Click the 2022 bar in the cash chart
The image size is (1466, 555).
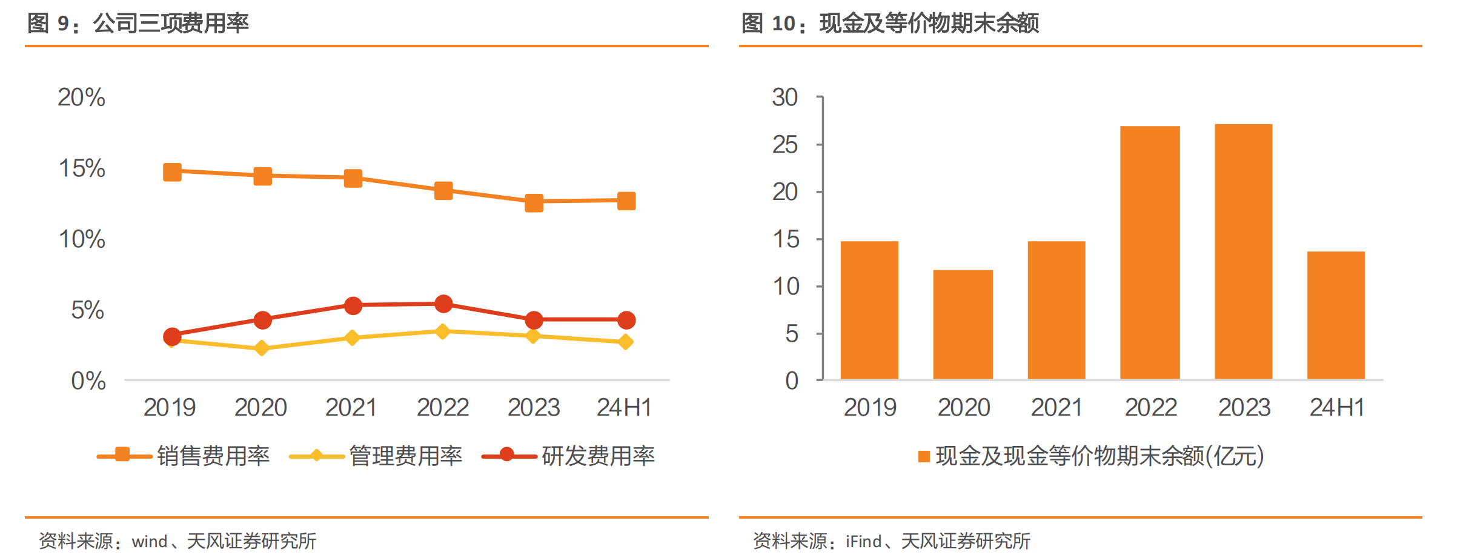(1150, 253)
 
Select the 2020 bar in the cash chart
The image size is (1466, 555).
(963, 325)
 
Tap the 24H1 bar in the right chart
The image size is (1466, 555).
(1336, 315)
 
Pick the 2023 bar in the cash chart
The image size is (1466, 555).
(1243, 251)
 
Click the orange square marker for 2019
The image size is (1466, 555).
(172, 172)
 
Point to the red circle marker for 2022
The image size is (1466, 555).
(443, 304)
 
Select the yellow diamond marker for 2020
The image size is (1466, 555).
(262, 348)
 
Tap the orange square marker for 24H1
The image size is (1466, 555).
(626, 201)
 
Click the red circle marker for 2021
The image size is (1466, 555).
(353, 305)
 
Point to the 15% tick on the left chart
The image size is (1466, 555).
(82, 168)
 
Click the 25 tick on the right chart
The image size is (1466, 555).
(785, 145)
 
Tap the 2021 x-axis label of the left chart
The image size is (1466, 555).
(351, 407)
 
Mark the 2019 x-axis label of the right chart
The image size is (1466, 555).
(870, 407)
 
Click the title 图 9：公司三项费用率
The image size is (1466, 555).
(138, 23)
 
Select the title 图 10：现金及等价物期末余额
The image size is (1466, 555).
(890, 23)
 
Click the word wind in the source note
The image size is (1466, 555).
(150, 541)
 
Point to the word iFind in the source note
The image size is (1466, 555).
(864, 541)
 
